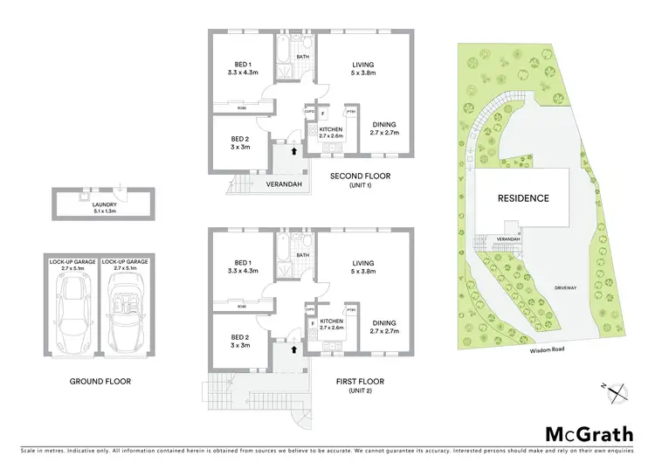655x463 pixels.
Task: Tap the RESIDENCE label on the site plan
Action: click(523, 198)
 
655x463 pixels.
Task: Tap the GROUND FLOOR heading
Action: click(95, 382)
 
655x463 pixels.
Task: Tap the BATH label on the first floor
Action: click(303, 256)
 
